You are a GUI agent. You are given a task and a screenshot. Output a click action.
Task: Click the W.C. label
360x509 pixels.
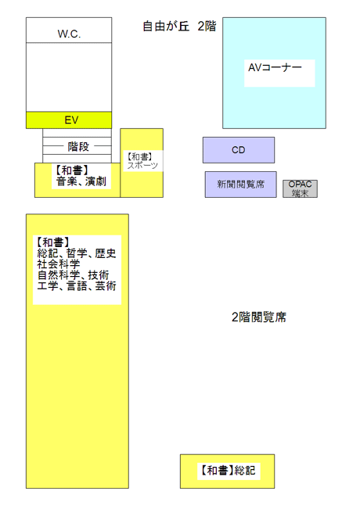[69, 34]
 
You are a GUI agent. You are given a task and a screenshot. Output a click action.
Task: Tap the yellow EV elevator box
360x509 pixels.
[69, 120]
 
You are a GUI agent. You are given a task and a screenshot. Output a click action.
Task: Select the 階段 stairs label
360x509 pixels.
[78, 146]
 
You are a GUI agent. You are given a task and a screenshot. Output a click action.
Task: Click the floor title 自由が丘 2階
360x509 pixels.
[179, 27]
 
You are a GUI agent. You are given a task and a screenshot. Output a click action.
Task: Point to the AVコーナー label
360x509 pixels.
[275, 67]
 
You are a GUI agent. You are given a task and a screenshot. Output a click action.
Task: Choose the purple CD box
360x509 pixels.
[239, 150]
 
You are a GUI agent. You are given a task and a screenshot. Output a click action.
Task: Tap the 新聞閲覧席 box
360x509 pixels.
[240, 185]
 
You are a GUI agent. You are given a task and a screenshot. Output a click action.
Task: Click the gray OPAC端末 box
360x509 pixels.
[300, 188]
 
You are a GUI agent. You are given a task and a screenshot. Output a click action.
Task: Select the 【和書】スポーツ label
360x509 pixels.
[142, 161]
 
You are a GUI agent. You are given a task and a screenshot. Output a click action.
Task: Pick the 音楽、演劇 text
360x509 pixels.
[81, 181]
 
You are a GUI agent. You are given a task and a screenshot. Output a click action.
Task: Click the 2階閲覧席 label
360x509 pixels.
[259, 317]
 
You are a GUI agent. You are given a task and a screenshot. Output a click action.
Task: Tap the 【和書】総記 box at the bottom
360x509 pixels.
[228, 471]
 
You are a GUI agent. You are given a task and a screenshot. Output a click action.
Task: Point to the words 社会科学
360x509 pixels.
[59, 264]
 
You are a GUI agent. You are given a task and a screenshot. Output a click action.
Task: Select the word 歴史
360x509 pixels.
[106, 253]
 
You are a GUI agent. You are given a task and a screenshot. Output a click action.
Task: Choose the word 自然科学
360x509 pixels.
[59, 275]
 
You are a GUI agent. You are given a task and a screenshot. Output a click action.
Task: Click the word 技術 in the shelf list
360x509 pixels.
[99, 275]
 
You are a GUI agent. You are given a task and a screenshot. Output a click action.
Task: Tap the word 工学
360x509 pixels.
[48, 286]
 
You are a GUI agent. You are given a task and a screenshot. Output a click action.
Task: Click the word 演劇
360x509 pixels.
[95, 181]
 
